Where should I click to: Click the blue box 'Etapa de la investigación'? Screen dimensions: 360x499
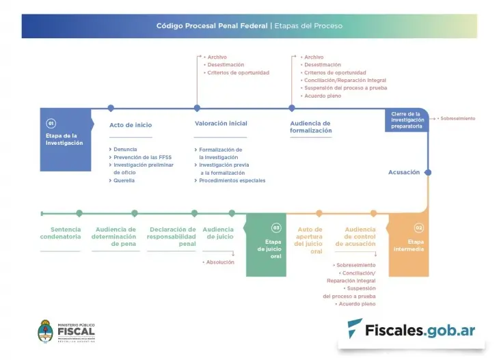(x=65, y=139)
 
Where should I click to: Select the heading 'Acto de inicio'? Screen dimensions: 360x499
(x=131, y=125)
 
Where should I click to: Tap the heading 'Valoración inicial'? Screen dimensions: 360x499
(x=221, y=124)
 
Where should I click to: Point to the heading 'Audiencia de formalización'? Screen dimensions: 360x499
(x=310, y=126)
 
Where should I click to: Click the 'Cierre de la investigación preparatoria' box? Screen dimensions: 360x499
(x=407, y=120)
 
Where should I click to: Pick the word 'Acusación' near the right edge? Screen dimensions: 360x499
(x=404, y=172)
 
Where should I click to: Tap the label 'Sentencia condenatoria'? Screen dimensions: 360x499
(x=60, y=233)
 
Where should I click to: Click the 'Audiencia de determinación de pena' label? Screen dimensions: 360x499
(x=114, y=236)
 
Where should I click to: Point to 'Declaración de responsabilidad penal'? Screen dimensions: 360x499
(x=172, y=236)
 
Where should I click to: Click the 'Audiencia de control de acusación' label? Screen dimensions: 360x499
(x=360, y=236)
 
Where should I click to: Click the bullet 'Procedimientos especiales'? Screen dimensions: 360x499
(x=232, y=180)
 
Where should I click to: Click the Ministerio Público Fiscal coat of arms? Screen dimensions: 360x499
(x=47, y=331)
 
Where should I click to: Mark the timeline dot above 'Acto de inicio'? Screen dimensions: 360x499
(x=111, y=108)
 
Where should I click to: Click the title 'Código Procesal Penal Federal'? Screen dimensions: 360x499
(x=212, y=26)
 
